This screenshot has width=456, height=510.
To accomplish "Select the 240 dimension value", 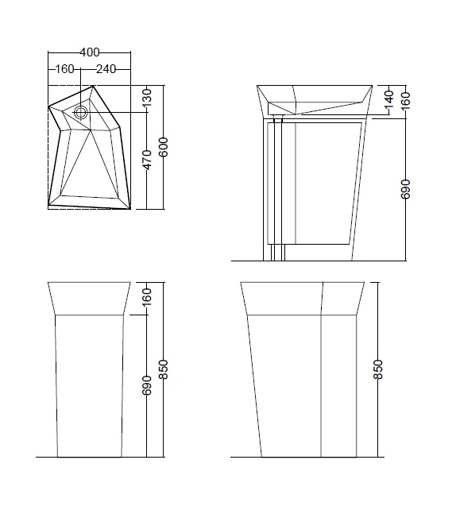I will click(107, 69).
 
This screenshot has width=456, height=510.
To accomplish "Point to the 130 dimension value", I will click(147, 99).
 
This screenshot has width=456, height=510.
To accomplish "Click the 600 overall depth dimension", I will click(164, 146).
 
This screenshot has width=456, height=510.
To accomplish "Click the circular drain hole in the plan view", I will click(81, 113).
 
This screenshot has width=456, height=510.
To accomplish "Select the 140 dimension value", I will click(388, 99).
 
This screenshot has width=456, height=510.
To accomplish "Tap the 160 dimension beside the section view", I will click(406, 99).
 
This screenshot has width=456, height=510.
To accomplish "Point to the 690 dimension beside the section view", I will click(406, 189).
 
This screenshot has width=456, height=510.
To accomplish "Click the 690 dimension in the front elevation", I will click(147, 386).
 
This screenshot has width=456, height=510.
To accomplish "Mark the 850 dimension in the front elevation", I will click(164, 369).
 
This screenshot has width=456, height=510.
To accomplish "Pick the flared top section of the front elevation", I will click(88, 298).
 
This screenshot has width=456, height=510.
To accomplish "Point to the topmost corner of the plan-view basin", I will click(93, 86).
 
